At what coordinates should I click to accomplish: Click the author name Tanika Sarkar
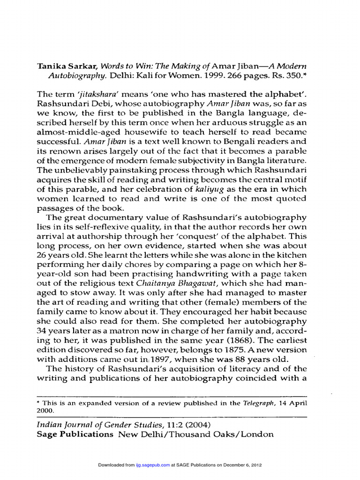66,66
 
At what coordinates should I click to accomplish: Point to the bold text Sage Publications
75,434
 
